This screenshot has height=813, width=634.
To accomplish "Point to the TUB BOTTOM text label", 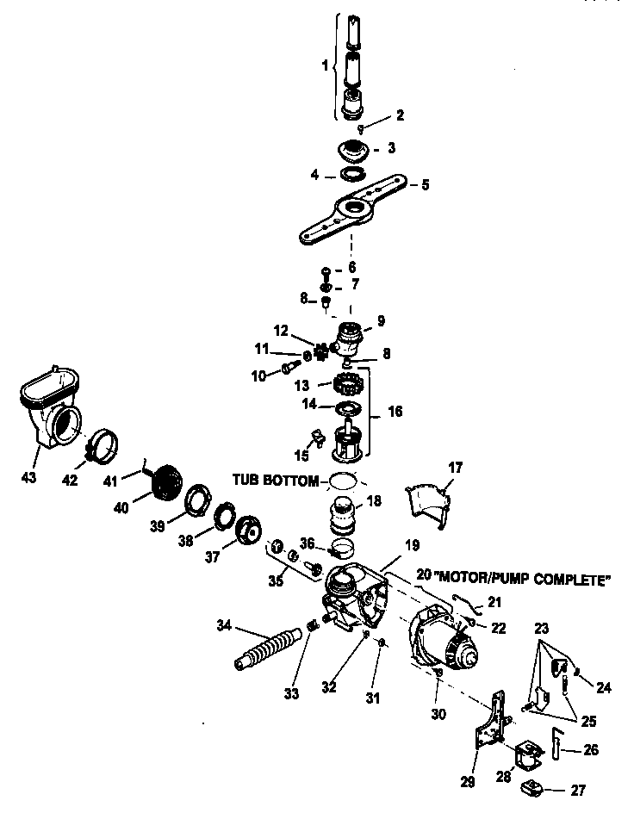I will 274,479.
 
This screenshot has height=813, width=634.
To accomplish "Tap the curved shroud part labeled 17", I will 427,507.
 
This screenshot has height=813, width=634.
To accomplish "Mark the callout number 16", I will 395,412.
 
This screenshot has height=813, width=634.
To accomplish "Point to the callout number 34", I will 200,624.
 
